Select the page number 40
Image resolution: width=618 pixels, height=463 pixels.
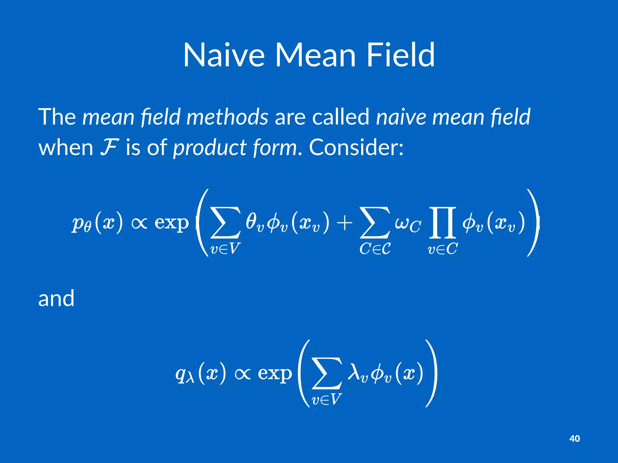574,439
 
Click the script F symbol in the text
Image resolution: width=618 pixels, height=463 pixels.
109,147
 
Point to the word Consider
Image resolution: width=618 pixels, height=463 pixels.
356,147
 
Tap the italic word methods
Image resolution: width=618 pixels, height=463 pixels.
227,117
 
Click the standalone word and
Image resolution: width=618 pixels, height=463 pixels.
56,298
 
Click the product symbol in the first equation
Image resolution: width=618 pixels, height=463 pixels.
442,222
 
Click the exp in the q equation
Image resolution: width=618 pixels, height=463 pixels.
275,374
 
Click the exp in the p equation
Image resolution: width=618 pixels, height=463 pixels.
171,223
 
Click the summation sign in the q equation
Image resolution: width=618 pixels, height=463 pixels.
327,373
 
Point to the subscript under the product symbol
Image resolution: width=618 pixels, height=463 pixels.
442,249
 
